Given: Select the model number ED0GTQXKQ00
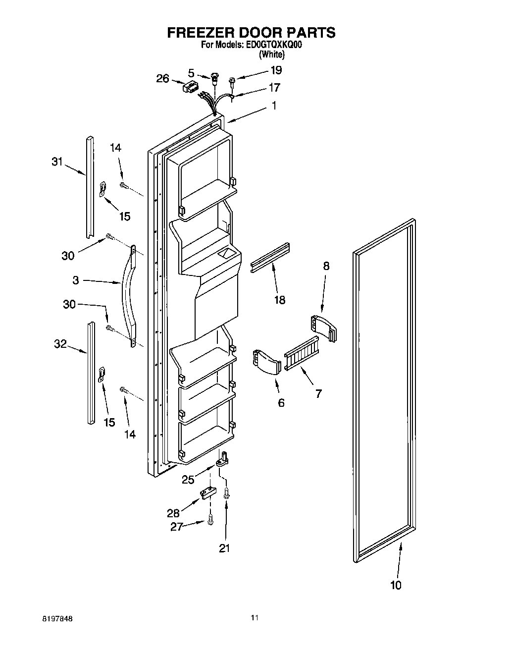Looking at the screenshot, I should click(273, 45).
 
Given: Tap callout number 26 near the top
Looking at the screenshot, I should click(163, 78).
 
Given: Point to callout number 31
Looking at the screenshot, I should click(58, 162).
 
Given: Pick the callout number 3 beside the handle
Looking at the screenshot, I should click(75, 280).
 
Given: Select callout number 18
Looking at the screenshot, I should click(280, 300).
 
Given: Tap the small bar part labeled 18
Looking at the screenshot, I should click(270, 258).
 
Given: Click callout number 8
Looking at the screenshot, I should click(326, 266).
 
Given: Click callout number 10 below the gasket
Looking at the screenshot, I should click(396, 585).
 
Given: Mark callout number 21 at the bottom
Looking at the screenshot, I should click(225, 548).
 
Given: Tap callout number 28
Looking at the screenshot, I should click(173, 514).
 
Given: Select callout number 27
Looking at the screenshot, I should click(177, 527).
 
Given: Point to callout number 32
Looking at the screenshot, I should click(60, 344).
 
